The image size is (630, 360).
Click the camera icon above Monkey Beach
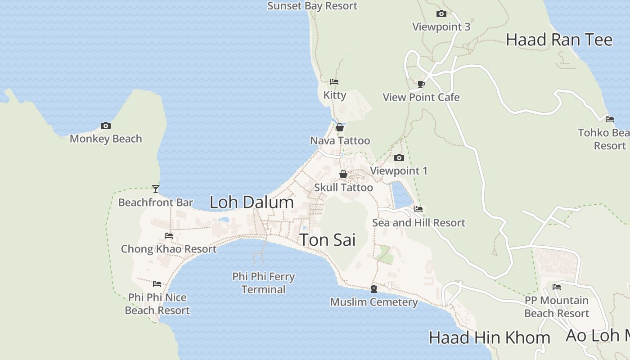click(106, 126)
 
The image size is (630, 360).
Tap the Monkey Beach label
click(106, 139)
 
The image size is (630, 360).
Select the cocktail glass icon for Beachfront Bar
click(156, 189)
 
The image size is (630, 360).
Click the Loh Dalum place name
click(252, 202)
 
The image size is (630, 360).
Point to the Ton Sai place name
click(328, 240)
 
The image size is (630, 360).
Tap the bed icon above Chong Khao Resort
click(169, 235)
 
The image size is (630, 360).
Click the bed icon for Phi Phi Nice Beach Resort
click(157, 284)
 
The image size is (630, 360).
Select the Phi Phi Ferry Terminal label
click(264, 283)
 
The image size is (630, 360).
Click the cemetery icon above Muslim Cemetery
click(373, 288)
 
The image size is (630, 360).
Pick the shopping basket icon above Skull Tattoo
click(343, 174)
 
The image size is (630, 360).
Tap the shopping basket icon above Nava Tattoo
click(340, 127)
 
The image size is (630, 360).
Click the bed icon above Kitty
click(334, 82)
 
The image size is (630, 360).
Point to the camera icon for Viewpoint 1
click(399, 157)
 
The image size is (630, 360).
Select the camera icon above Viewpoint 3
click(441, 13)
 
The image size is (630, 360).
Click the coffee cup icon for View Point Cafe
click(421, 84)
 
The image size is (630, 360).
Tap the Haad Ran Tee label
click(559, 40)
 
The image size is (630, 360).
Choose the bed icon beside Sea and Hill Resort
click(418, 209)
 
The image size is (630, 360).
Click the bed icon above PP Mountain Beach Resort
click(557, 287)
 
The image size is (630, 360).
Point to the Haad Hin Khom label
click(489, 337)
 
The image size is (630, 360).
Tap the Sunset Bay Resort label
click(312, 6)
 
